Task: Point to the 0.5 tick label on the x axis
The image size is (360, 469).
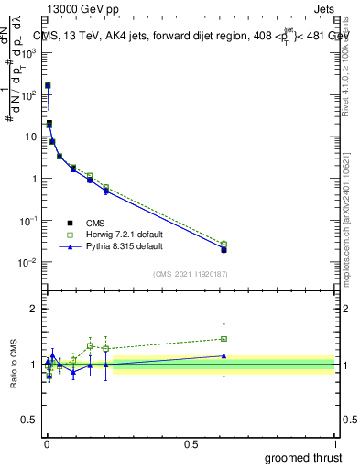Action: pos(191,442)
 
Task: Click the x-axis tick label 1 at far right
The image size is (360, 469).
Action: pos(335,442)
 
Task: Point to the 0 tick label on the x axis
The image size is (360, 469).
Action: pos(47,442)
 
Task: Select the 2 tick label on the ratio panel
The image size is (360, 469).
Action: pos(34,309)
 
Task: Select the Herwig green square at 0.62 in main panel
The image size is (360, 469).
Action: pos(224,245)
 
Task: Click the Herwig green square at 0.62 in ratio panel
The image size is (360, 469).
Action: pos(224,339)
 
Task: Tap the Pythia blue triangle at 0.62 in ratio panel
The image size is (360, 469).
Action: pos(224,355)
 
